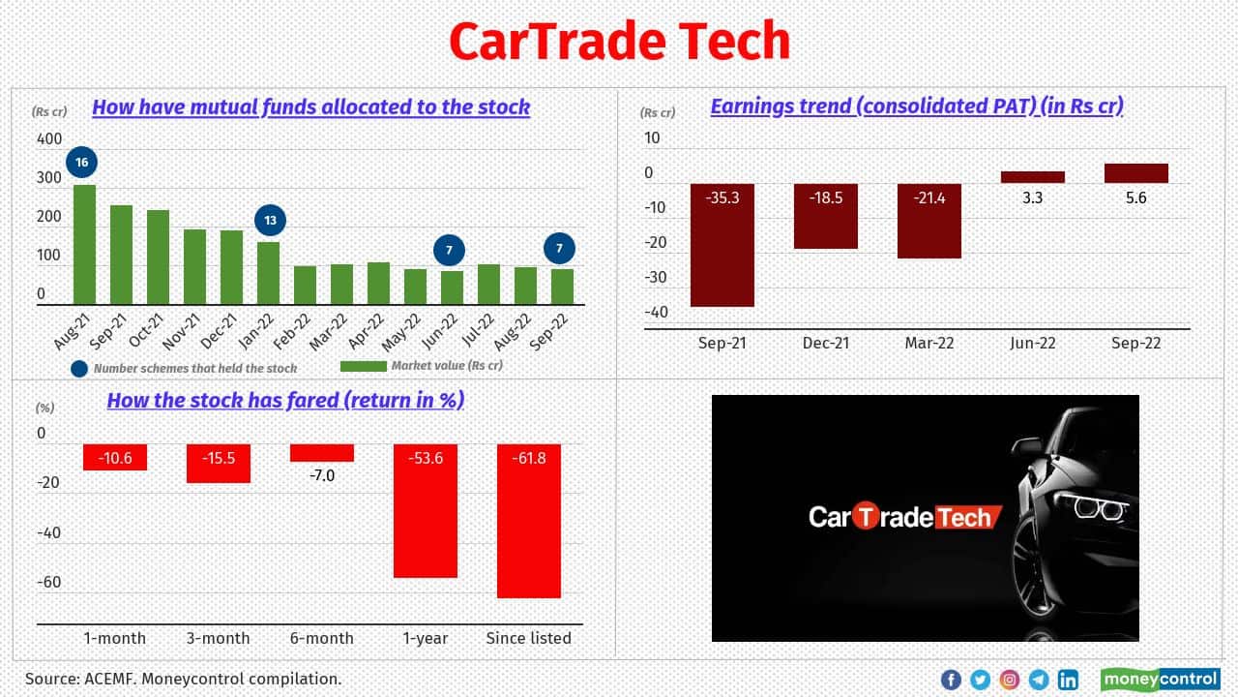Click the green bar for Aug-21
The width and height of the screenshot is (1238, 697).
(85, 245)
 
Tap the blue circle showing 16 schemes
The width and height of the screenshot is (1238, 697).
(82, 163)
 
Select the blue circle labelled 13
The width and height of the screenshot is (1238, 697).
(270, 221)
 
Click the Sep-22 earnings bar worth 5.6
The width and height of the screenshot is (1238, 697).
(1135, 173)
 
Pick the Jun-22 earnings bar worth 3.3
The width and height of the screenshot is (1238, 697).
(1032, 177)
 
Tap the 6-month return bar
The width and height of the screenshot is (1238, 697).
(322, 453)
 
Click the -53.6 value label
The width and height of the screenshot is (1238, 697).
(425, 458)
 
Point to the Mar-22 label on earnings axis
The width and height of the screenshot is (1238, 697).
(928, 344)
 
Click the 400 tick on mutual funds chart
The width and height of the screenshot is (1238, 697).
(48, 139)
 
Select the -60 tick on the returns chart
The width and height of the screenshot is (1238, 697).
(48, 582)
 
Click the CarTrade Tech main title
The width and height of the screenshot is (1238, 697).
(619, 42)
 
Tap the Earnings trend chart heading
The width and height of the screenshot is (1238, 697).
(916, 106)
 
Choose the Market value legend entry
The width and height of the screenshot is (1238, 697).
(422, 366)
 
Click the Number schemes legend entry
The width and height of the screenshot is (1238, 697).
(184, 368)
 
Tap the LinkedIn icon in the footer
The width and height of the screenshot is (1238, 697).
(1068, 680)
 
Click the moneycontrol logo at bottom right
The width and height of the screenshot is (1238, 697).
(1160, 679)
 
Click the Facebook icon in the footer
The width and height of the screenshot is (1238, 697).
(951, 680)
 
